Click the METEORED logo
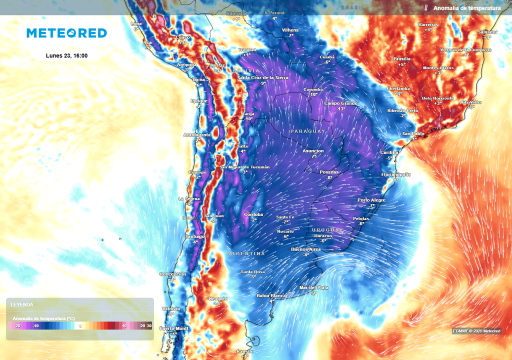pyautogui.click(x=66, y=33)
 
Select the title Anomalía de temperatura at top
pyautogui.click(x=466, y=8)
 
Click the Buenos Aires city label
pyautogui.click(x=306, y=249)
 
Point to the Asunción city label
pyautogui.click(x=313, y=150)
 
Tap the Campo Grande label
pyautogui.click(x=341, y=103)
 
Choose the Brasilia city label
pyautogui.click(x=401, y=59)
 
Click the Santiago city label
pyautogui.click(x=194, y=236)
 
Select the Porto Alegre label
pyautogui.click(x=371, y=200)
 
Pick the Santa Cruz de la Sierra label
pyautogui.click(x=262, y=77)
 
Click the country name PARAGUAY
pyautogui.click(x=307, y=131)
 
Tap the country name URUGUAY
pyautogui.click(x=328, y=230)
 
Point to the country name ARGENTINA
pyautogui.click(x=246, y=253)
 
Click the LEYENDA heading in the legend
pyautogui.click(x=22, y=304)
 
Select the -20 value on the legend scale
pyautogui.click(x=17, y=326)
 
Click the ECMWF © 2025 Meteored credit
pyautogui.click(x=476, y=331)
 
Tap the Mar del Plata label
pyautogui.click(x=313, y=287)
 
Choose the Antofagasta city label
pyautogui.click(x=197, y=134)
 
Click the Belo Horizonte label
pyautogui.click(x=437, y=98)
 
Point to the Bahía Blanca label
pyautogui.click(x=271, y=295)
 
